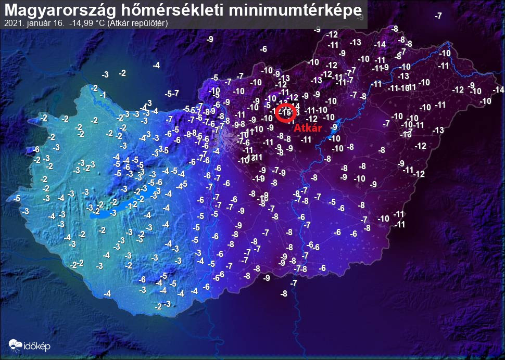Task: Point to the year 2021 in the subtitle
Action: [12, 23]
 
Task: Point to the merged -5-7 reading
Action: [172, 94]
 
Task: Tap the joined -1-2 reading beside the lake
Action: [131, 204]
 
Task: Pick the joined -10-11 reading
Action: [413, 125]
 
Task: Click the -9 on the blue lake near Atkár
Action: [334, 127]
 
